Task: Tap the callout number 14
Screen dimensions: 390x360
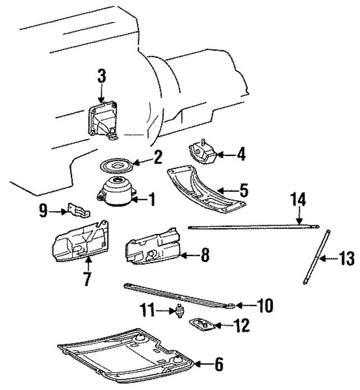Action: (299, 201)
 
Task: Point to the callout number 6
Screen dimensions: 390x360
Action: (218, 365)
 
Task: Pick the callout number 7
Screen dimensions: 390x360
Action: (87, 279)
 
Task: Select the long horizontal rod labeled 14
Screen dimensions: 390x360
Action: (253, 227)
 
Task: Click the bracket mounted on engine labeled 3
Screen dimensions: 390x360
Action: (101, 120)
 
